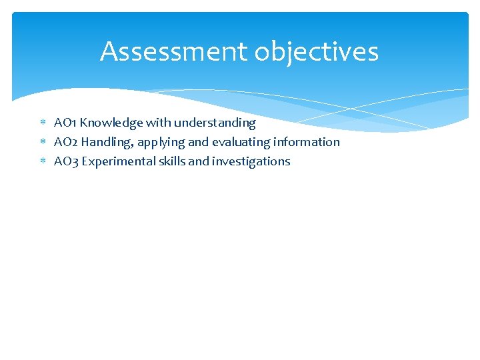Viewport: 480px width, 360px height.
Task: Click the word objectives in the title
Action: pyautogui.click(x=313, y=51)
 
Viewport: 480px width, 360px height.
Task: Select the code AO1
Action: pyautogui.click(x=65, y=123)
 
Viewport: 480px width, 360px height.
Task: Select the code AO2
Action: pyautogui.click(x=66, y=142)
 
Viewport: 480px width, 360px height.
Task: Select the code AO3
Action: pyautogui.click(x=66, y=161)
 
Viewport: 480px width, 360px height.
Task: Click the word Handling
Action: pyautogui.click(x=109, y=142)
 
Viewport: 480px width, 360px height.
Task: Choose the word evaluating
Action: pyautogui.click(x=241, y=143)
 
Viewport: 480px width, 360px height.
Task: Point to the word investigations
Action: pyautogui.click(x=251, y=161)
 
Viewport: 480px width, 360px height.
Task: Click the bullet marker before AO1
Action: pyautogui.click(x=43, y=123)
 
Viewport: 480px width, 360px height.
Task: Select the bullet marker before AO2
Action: pyautogui.click(x=43, y=143)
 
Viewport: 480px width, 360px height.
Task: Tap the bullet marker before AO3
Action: pyautogui.click(x=43, y=162)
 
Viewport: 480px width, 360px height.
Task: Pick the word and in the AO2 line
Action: pyautogui.click(x=199, y=142)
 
